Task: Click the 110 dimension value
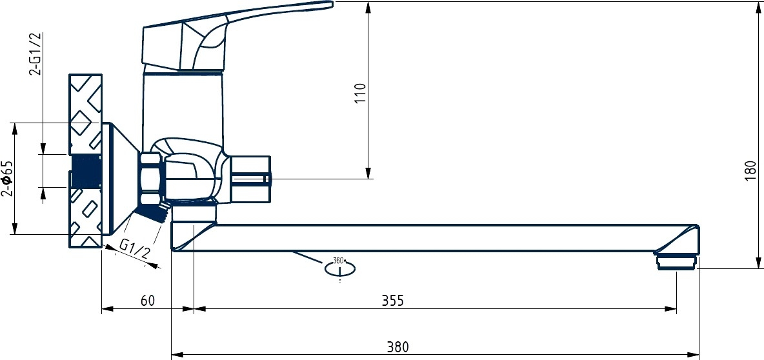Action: (360, 95)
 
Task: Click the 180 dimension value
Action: (751, 171)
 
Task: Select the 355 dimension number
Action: (393, 301)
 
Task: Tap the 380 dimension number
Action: (398, 347)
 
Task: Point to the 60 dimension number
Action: (148, 301)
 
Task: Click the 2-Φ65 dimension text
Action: (7, 178)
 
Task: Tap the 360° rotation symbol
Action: (339, 267)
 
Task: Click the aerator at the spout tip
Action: (677, 261)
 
